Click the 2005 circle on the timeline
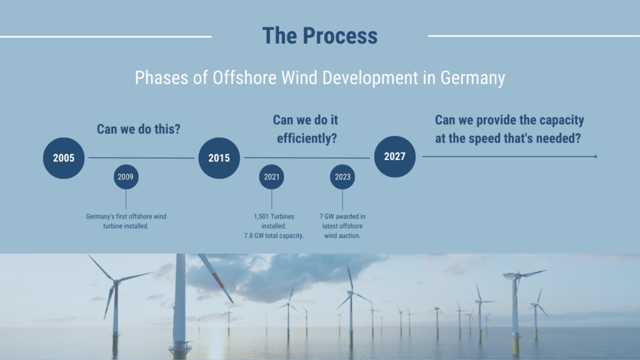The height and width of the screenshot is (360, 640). (64, 158)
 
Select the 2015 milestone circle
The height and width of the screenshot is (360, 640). (219, 158)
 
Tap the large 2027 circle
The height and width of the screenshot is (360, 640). (395, 156)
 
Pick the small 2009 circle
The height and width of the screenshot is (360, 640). (126, 177)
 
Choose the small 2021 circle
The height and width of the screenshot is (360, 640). (271, 177)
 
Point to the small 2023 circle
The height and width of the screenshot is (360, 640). (342, 177)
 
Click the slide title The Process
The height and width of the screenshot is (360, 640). (319, 36)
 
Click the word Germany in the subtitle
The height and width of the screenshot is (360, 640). (472, 78)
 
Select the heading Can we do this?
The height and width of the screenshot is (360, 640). (138, 129)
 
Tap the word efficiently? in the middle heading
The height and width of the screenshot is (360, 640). (307, 138)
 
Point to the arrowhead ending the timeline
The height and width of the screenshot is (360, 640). (596, 156)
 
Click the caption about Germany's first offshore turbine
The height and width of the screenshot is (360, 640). (126, 221)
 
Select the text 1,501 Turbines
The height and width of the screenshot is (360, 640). (274, 216)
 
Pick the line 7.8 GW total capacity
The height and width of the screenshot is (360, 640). (274, 236)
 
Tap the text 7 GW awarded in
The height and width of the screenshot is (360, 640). (342, 216)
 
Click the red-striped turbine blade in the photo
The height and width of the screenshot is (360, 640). (215, 277)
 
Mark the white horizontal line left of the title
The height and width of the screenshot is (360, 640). (106, 37)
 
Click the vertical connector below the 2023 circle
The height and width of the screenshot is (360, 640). (342, 199)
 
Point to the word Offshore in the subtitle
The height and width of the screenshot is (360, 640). (244, 77)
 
